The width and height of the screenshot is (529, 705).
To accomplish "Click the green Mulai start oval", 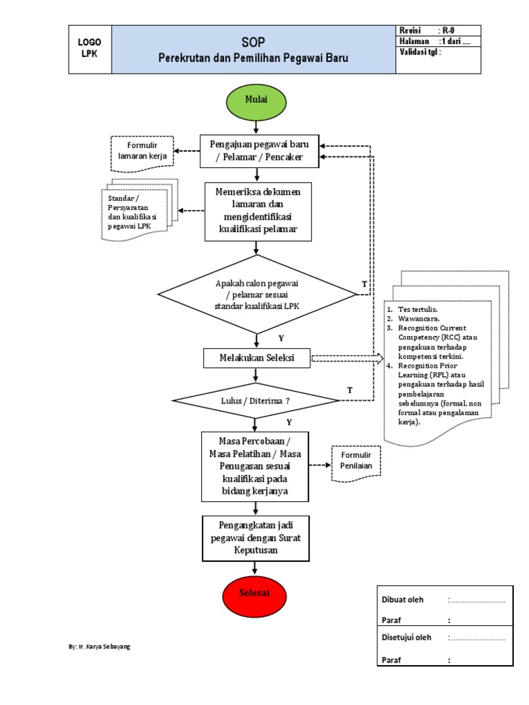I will (256, 101).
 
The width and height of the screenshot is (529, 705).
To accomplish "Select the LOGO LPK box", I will (90, 49).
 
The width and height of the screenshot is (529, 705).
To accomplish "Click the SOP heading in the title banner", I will (253, 41).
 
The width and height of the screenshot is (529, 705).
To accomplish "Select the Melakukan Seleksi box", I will (256, 358).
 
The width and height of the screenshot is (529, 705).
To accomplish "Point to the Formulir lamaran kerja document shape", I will (143, 151).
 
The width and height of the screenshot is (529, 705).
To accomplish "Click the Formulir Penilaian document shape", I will (355, 461).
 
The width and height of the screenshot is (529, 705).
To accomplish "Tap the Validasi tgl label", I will (421, 52).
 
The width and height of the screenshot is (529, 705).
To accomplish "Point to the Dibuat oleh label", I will (403, 600).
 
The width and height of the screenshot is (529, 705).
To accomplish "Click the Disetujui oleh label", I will (406, 638).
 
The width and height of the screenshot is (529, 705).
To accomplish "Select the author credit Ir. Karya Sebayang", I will (100, 647).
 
